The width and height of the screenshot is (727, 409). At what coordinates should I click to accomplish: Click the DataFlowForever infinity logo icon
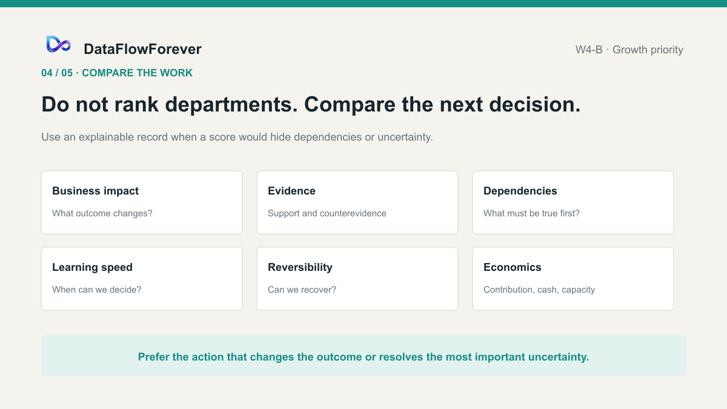(x=58, y=44)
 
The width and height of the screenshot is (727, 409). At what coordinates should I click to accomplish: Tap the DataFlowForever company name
(x=143, y=49)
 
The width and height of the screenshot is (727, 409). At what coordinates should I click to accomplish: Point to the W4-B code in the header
(x=589, y=50)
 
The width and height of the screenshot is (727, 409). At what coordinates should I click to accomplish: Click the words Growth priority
(x=648, y=50)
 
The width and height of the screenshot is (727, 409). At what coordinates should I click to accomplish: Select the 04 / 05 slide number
(x=57, y=73)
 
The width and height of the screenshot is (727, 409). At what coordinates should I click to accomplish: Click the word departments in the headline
(x=231, y=105)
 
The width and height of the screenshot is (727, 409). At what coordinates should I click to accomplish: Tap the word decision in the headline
(x=534, y=104)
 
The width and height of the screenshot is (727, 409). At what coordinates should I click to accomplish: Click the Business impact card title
(x=96, y=191)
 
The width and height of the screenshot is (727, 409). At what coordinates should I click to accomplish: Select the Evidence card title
(x=291, y=191)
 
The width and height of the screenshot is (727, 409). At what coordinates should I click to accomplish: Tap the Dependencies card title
(x=520, y=191)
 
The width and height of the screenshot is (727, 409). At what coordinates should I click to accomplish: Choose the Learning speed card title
(x=92, y=267)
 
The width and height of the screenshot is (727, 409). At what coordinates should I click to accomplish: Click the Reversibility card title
(x=300, y=267)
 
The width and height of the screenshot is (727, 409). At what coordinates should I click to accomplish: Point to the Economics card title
(x=513, y=267)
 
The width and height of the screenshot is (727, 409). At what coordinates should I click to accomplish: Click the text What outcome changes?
(x=102, y=213)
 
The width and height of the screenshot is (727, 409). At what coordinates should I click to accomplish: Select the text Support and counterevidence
(x=327, y=213)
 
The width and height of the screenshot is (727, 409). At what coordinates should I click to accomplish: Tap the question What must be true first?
(x=532, y=213)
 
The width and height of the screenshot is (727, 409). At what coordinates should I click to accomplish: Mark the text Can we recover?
(x=302, y=290)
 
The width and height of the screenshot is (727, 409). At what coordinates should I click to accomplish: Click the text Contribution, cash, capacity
(x=539, y=290)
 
